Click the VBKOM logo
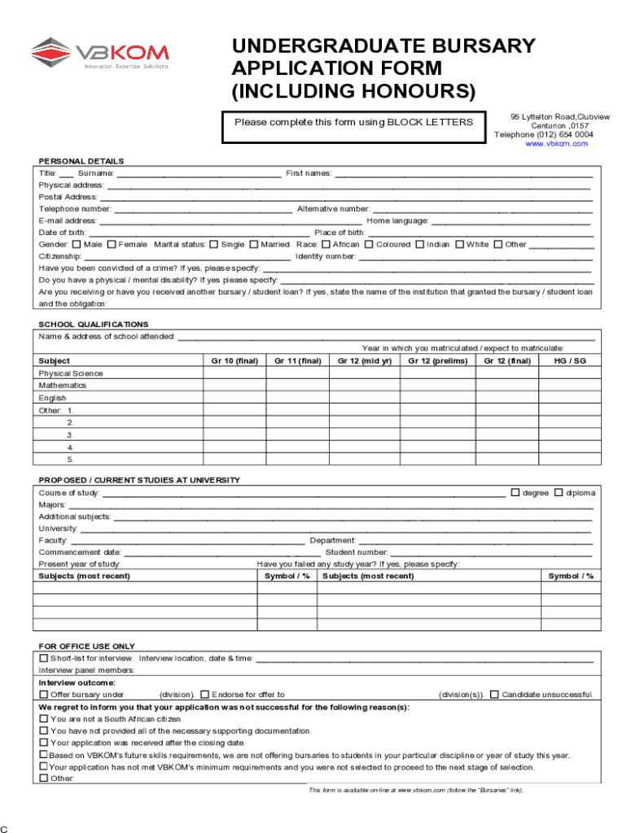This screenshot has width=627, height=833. (99, 54)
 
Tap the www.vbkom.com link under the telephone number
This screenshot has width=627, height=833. (556, 144)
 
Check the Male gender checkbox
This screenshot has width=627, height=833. (77, 245)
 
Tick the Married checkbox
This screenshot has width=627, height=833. (254, 245)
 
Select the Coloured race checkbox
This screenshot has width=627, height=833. (369, 245)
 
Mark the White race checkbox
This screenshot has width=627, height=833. (459, 245)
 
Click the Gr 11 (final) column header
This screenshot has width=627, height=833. (298, 361)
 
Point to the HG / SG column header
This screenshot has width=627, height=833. (570, 361)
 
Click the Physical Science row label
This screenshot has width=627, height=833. (71, 373)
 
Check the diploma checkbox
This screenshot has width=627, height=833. (559, 492)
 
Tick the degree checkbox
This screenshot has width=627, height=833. (515, 492)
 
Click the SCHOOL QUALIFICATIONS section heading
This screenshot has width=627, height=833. (94, 325)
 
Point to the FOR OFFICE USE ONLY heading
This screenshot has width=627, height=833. (87, 647)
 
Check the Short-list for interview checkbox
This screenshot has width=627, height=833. (44, 658)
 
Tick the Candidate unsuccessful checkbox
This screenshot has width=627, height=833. (494, 695)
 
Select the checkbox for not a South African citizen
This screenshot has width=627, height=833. (44, 719)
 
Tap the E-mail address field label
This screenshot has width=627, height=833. (68, 220)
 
